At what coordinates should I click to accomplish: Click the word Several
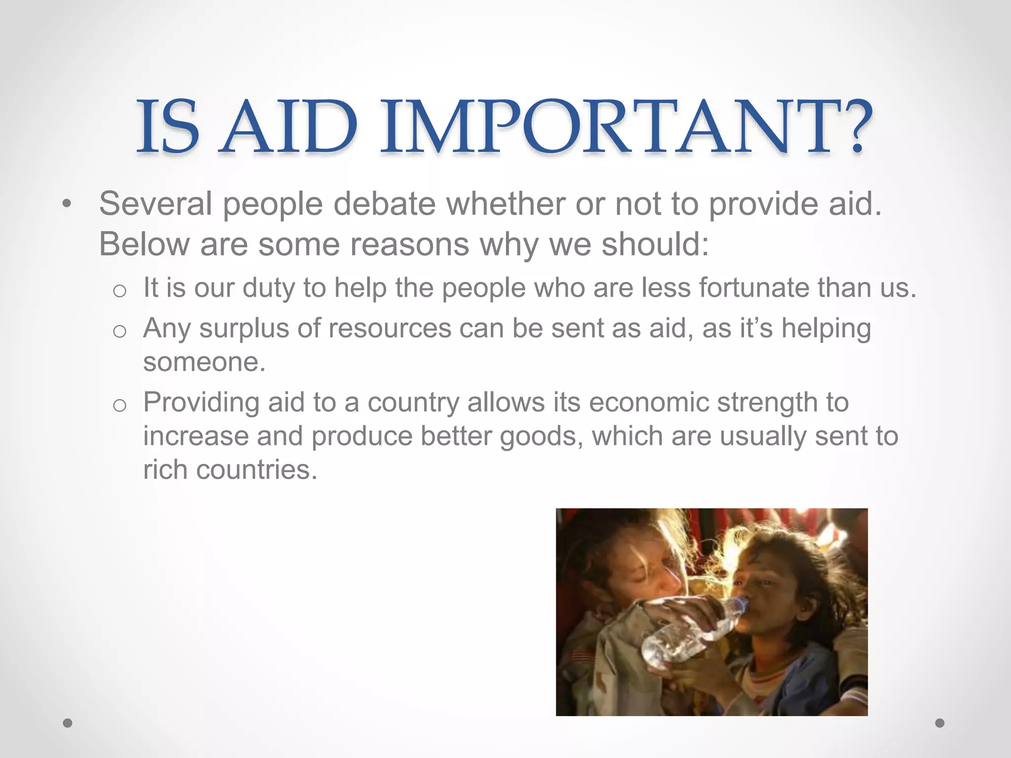coord(156,203)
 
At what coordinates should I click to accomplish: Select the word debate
coord(385,203)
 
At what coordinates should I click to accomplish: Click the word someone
coord(204,362)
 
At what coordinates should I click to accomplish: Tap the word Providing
coord(201,403)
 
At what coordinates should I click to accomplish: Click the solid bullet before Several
coord(67,204)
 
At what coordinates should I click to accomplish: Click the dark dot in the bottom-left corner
coord(68,723)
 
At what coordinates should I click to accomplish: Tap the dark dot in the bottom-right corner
coord(940,723)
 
